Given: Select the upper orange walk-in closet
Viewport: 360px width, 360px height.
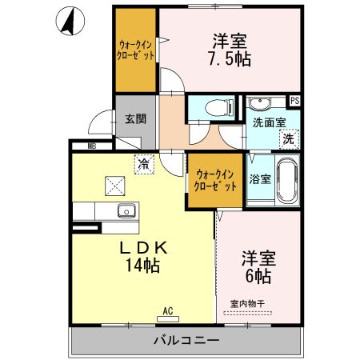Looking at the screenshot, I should tap(134, 50).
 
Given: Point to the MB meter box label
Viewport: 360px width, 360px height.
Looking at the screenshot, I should tap(91, 146).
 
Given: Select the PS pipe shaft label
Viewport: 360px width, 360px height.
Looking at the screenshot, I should tap(294, 101).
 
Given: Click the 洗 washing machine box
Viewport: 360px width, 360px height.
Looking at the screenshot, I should tap(288, 138).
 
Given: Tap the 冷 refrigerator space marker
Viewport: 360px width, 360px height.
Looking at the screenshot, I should tap(143, 163).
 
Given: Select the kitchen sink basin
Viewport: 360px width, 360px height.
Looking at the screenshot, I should tap(126, 211).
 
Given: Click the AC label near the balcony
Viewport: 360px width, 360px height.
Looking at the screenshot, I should tap(169, 311).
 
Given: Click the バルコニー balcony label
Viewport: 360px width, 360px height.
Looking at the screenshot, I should tap(186, 341).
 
